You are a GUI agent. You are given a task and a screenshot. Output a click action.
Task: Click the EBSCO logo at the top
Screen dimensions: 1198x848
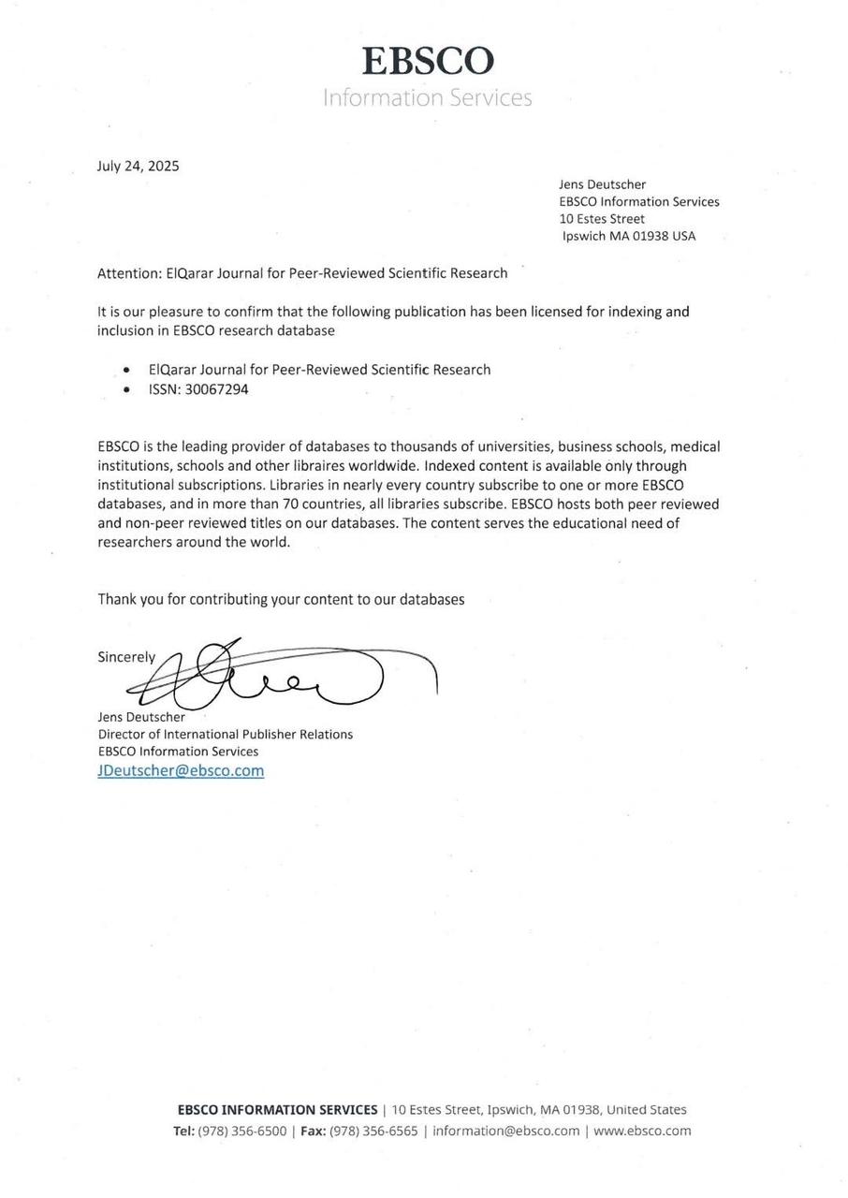428,62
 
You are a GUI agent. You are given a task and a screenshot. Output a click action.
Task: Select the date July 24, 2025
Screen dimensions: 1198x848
138,167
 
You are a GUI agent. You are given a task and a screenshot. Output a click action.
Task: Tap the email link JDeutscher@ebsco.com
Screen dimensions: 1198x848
181,770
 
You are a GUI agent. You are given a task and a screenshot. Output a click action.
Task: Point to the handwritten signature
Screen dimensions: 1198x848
281,674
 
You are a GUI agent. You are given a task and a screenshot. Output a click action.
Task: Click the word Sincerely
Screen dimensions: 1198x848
126,657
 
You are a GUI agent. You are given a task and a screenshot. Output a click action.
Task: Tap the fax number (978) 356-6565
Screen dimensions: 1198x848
373,1131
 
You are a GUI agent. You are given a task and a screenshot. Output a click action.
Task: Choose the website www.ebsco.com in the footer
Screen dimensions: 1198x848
642,1131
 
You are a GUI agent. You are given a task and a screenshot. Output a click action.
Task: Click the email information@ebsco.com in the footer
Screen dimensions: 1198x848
505,1131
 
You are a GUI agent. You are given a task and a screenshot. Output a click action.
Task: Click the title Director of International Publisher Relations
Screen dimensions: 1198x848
226,735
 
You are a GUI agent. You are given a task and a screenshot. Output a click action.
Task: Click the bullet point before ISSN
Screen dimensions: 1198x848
126,390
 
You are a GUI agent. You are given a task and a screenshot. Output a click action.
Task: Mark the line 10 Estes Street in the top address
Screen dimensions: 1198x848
602,219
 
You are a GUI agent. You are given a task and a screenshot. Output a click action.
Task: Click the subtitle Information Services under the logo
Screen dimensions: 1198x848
428,97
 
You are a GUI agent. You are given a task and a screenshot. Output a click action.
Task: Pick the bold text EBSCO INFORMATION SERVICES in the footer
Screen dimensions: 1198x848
277,1110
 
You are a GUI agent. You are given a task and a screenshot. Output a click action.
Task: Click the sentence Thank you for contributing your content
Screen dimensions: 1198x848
281,599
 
